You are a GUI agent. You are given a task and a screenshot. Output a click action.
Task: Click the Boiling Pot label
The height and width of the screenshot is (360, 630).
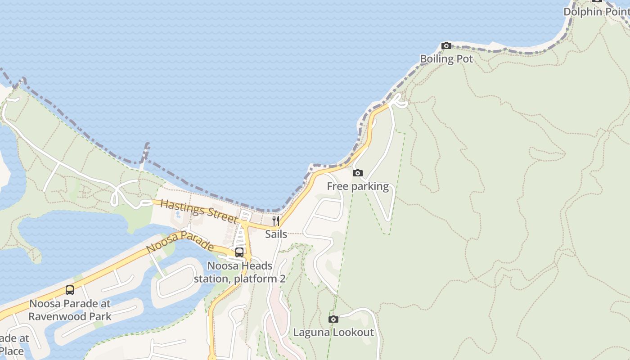[x=446, y=59]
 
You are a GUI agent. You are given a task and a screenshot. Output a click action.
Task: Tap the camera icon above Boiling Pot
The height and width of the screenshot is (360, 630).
[x=446, y=45]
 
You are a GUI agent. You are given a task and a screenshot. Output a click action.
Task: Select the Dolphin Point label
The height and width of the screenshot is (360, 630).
[x=596, y=12]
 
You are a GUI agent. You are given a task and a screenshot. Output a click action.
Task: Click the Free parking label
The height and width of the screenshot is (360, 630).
[x=358, y=186]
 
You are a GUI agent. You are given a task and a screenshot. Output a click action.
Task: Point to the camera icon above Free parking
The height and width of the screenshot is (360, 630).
[x=358, y=173]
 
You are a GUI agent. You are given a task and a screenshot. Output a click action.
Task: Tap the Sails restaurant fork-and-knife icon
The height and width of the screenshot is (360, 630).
[x=276, y=220]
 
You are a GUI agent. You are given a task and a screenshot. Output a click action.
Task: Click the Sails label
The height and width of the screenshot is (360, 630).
[x=276, y=234]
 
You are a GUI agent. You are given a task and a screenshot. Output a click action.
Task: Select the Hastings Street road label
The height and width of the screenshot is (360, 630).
[x=198, y=211]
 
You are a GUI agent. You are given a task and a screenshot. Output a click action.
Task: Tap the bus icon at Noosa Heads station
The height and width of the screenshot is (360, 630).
[x=239, y=252]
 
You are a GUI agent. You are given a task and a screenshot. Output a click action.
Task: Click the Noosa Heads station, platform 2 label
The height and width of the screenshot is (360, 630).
[x=239, y=272]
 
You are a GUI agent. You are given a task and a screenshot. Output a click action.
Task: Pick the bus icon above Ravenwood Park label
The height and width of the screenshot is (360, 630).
[x=70, y=290]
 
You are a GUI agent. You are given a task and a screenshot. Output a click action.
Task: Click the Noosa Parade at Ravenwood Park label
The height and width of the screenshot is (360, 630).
[x=70, y=310]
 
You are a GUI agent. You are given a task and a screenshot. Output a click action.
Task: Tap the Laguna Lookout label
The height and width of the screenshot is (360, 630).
[x=333, y=333]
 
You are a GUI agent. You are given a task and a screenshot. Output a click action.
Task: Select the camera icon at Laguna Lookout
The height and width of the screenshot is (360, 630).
[x=333, y=319]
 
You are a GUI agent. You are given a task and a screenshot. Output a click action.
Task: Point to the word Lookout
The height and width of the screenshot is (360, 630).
[x=354, y=333]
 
